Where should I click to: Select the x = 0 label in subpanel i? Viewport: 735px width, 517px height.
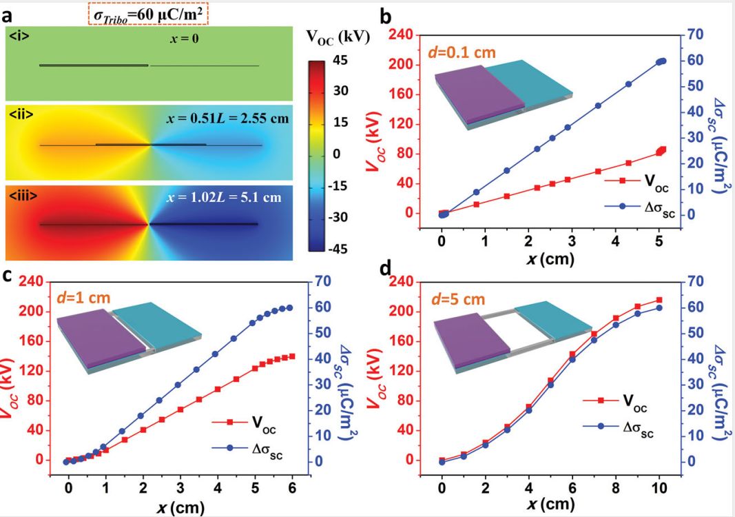point(185,40)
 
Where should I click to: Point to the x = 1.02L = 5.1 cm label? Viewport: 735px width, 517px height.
point(225,197)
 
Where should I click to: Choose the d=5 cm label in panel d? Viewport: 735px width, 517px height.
point(462,299)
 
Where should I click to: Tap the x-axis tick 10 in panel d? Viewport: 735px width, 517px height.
point(659,487)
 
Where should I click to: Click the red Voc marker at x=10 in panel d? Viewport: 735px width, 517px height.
point(659,300)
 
